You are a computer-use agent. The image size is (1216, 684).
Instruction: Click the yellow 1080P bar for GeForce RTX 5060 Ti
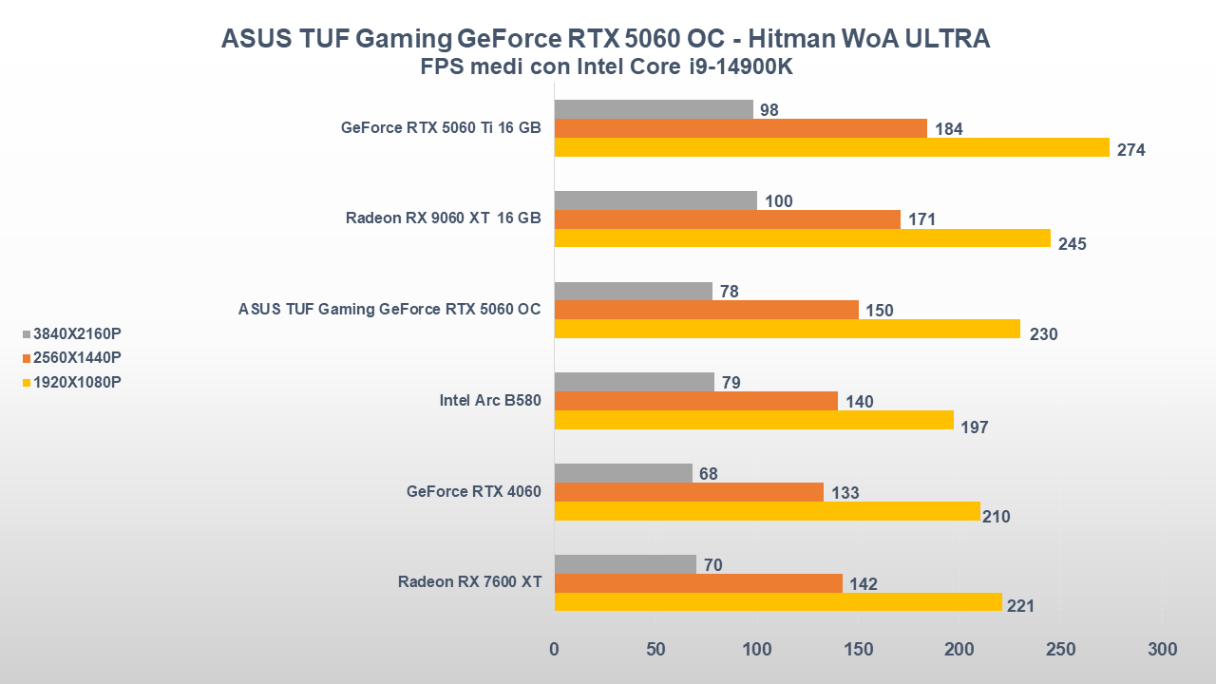(831, 147)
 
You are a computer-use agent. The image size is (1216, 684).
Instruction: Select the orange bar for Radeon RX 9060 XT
(727, 219)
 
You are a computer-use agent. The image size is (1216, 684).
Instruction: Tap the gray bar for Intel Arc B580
(634, 382)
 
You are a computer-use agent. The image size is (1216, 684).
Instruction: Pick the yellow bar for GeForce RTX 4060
(767, 511)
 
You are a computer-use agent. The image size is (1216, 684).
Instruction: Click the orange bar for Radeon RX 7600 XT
(698, 583)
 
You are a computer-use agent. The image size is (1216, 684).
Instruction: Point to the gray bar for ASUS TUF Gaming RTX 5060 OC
(633, 291)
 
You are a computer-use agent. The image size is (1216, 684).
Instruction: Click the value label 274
(1131, 150)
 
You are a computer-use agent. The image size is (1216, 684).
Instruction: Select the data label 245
(1072, 244)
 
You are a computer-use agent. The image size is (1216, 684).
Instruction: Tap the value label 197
(975, 427)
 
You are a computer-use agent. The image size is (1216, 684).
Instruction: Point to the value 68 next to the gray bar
(708, 473)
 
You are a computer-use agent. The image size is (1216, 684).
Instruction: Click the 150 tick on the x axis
(858, 650)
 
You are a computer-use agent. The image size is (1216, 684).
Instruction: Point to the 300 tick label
(1162, 650)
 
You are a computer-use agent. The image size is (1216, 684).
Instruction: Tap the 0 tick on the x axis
(555, 650)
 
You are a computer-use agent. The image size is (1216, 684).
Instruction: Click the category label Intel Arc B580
(490, 400)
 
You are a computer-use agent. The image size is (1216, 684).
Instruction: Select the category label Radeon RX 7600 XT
(469, 581)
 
